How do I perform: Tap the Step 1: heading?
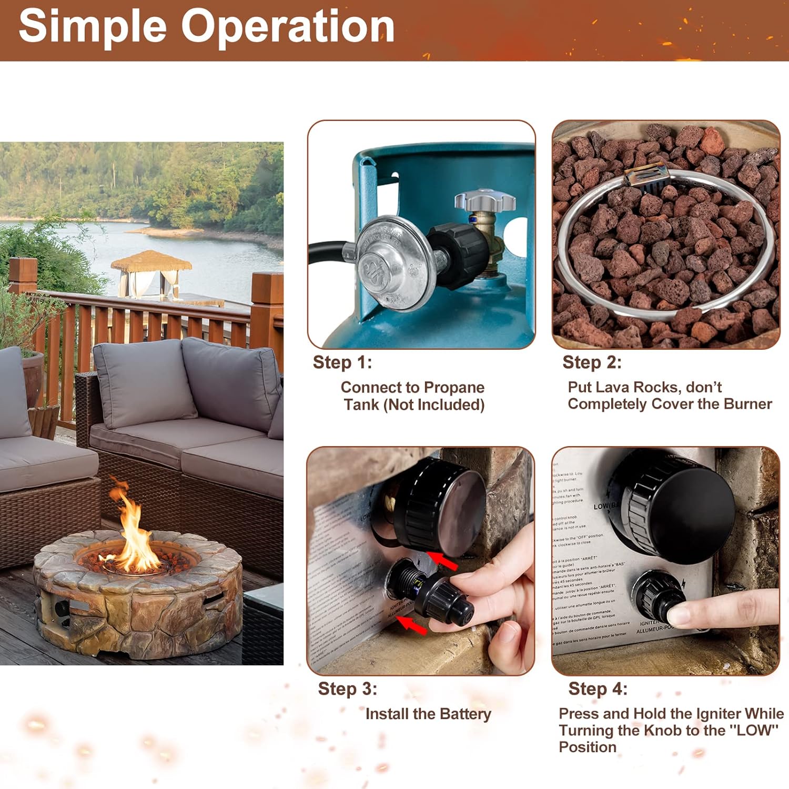tap(342, 362)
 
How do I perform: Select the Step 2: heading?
tap(592, 362)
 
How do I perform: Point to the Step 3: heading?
tap(347, 689)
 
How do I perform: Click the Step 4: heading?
tap(598, 689)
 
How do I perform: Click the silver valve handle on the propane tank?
tap(484, 200)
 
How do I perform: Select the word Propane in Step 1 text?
tap(454, 388)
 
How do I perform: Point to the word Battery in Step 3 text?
tap(465, 714)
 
